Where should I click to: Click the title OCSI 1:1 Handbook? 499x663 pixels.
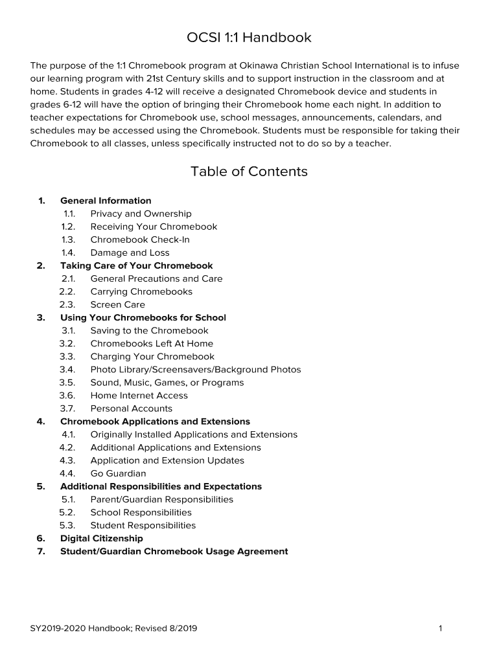249,38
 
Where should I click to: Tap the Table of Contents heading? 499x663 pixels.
249,172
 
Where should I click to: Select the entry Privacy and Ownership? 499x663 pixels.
141,214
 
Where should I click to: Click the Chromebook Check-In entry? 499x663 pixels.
140,240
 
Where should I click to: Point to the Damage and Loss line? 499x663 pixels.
130,253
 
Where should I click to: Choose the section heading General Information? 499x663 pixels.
106,201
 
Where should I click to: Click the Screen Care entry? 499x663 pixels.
117,304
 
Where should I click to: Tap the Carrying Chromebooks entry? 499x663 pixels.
141,291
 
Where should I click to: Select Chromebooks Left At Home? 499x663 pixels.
152,343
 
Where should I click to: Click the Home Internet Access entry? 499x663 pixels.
139,396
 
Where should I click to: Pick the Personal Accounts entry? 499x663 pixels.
131,409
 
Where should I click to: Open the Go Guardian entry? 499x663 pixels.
118,473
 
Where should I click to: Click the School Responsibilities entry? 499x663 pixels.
141,512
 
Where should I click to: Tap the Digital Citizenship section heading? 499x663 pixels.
102,538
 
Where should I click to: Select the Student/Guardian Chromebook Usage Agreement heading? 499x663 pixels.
174,551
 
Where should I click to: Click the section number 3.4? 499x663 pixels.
67,370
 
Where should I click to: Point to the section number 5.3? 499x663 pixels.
67,525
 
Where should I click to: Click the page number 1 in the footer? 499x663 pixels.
440,628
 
